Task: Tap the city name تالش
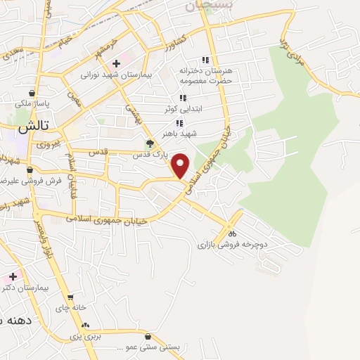point(32,128)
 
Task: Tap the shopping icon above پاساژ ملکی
point(32,93)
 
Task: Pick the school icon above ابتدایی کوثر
point(183,98)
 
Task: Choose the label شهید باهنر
point(177,133)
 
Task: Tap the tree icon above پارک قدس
point(149,143)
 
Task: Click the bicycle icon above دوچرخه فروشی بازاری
point(232,233)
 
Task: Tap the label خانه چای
point(73,307)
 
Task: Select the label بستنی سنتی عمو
point(148,347)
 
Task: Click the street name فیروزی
point(49,144)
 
